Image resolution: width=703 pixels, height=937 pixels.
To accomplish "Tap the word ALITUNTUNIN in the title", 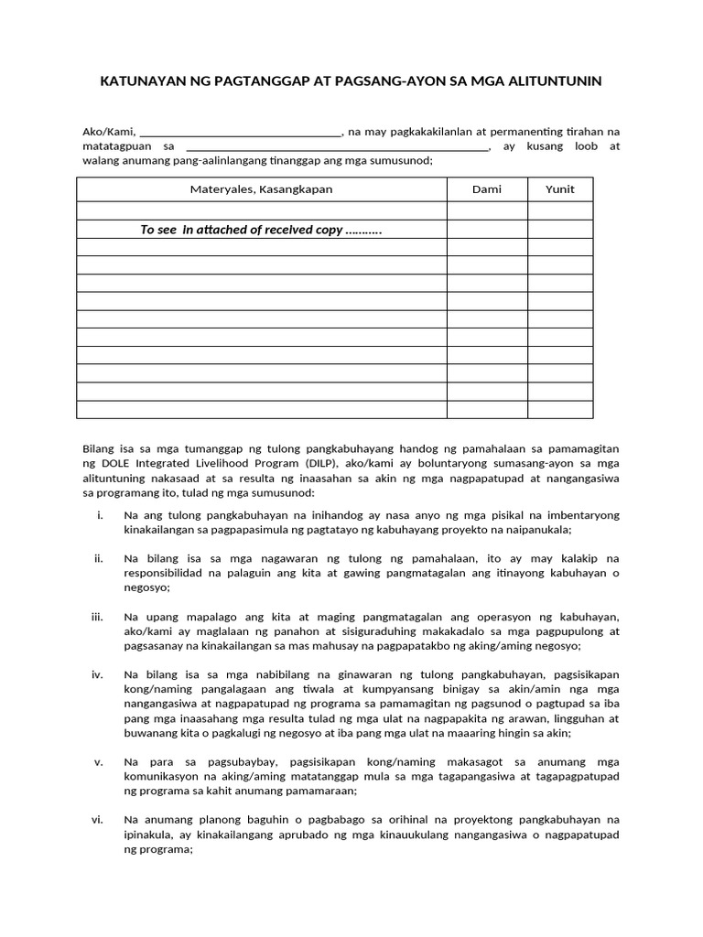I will point(553,81).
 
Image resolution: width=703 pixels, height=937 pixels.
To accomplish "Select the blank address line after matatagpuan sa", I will point(337,145).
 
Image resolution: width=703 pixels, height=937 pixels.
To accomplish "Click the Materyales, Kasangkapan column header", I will point(261,189).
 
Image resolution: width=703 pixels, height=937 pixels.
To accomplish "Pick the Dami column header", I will point(487,189).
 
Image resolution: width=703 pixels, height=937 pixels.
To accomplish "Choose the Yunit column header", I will point(560,189).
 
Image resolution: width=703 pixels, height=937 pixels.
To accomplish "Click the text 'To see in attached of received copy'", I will point(261,230).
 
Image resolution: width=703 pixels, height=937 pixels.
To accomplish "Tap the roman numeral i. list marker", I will point(100,515).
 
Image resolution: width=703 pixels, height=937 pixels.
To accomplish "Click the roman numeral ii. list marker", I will point(99,558).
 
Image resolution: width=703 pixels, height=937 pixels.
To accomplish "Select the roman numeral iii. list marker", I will point(98,617).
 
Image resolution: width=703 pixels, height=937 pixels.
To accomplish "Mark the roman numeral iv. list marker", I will point(98,674).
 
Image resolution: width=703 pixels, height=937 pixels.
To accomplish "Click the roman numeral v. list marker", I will point(99,761).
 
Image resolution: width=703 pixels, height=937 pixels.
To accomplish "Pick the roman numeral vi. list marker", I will point(98,819).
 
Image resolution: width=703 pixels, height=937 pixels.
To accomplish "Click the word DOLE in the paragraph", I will point(113,464).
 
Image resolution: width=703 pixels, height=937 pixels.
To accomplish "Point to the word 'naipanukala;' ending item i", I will point(539,530).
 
